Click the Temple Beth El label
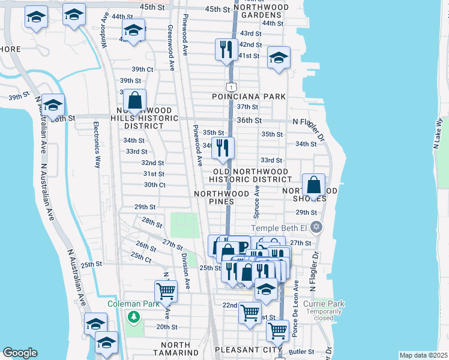(x=279, y=228)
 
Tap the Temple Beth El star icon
(x=316, y=228)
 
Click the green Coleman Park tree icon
(x=135, y=316)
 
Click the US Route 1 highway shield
(x=231, y=87)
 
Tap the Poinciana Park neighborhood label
(x=249, y=96)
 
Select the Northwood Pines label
(x=221, y=197)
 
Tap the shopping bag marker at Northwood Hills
(x=135, y=101)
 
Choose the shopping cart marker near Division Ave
(x=166, y=292)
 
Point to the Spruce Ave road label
(x=257, y=201)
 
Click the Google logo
(x=20, y=353)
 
